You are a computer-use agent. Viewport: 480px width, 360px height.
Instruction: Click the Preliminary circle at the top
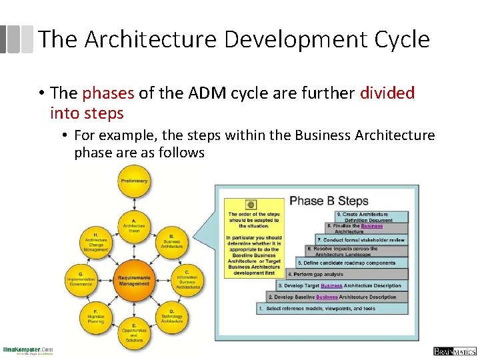(x=134, y=181)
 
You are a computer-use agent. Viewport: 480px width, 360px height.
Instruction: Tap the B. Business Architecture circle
(x=172, y=241)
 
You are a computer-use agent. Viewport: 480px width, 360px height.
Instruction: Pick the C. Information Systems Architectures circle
(x=187, y=279)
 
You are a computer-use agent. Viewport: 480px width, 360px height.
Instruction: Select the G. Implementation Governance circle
(x=81, y=279)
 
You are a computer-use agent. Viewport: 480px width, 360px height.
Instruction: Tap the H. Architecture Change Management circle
(x=96, y=241)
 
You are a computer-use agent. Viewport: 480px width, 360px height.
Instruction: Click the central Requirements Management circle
(x=134, y=279)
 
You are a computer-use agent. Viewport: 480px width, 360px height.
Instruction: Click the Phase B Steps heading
(x=329, y=201)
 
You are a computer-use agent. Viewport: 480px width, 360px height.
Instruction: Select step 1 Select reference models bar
(x=332, y=309)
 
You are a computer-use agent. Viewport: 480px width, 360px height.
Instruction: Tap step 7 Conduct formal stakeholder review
(x=361, y=239)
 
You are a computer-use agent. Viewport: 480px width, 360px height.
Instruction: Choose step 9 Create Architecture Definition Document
(x=370, y=217)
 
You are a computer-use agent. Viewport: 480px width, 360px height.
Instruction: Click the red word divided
(x=387, y=93)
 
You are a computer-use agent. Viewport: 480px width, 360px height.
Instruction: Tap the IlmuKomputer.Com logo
(x=28, y=350)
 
